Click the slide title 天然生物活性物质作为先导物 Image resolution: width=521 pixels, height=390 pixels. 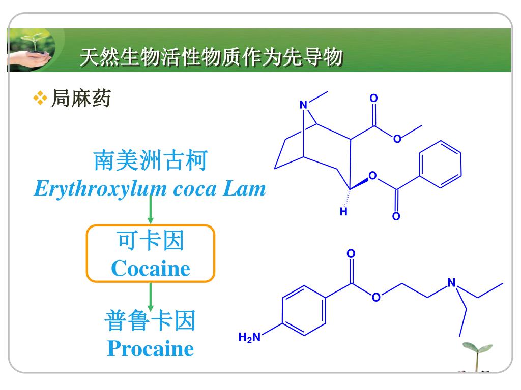point(211,57)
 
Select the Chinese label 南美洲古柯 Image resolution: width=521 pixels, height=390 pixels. point(150,161)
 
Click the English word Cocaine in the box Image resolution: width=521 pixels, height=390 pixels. point(151,268)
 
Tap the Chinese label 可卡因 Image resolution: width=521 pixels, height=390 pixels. point(151,241)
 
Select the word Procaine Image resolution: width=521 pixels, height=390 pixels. point(151,349)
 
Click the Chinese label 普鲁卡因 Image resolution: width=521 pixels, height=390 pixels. point(151,321)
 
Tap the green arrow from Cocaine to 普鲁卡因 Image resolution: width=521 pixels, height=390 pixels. point(151,297)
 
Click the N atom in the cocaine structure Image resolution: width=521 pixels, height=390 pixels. point(304,105)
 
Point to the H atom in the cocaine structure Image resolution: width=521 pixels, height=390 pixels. point(344,212)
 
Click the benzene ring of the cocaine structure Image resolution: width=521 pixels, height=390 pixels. point(439,163)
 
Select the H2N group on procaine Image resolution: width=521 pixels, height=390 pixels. point(249,337)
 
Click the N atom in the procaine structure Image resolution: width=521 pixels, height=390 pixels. point(451,283)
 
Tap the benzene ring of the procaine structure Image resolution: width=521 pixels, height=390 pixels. point(304,310)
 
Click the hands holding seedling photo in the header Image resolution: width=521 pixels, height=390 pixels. point(33,50)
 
